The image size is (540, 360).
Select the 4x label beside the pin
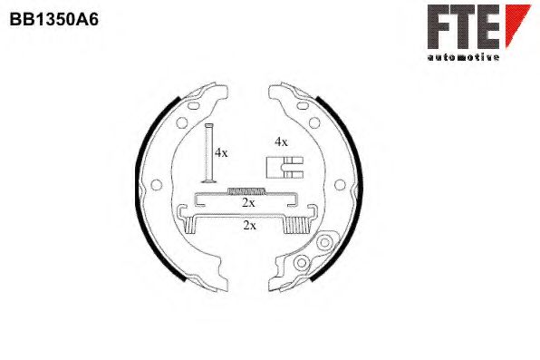point(220,152)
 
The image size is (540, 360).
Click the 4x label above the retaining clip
point(281,141)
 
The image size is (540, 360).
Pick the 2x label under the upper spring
point(248,203)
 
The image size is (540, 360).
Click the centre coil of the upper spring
point(246,190)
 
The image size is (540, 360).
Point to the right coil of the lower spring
point(296,223)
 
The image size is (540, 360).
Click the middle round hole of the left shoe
point(155,185)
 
